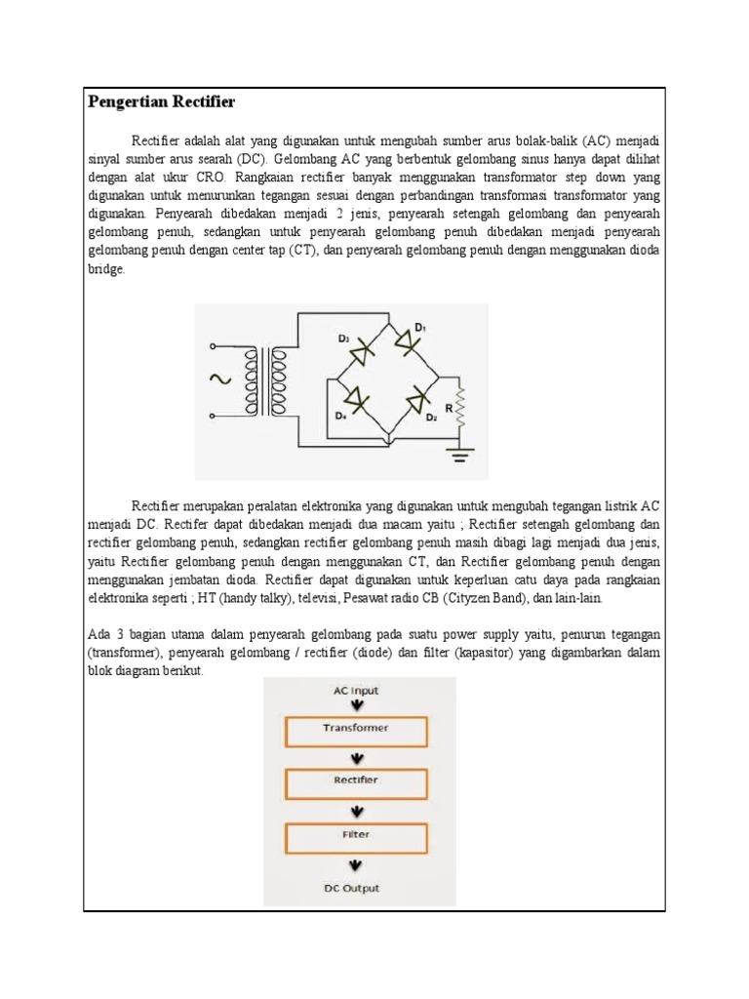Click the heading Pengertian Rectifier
tap(162, 101)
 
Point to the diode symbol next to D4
tap(356, 399)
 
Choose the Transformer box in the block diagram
tap(355, 730)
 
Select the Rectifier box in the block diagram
tap(355, 782)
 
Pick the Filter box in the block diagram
tap(355, 837)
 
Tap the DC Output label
tap(353, 889)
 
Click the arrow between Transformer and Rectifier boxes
tap(357, 757)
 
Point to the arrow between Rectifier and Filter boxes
tap(357, 810)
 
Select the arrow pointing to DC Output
tap(357, 864)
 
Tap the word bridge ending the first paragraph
tap(105, 269)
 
